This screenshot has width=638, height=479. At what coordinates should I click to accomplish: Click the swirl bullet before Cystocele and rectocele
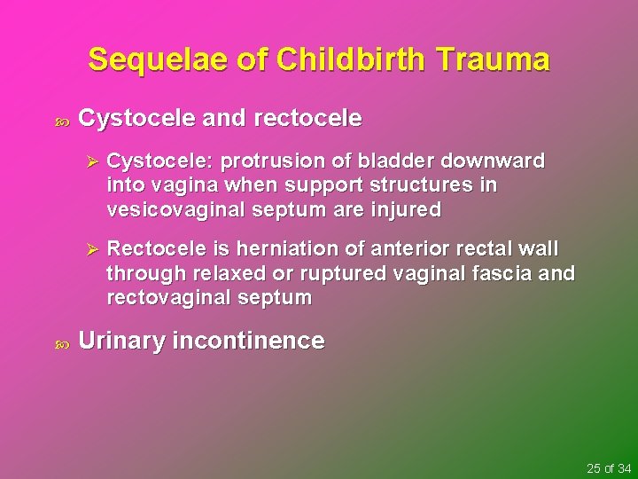60,119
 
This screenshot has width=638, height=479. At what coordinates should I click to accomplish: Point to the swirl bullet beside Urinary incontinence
60,342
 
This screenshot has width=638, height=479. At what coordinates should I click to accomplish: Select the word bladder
398,161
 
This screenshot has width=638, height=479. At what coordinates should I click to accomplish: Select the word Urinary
121,341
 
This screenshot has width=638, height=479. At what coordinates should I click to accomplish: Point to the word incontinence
250,341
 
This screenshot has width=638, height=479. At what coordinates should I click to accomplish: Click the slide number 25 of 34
609,467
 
